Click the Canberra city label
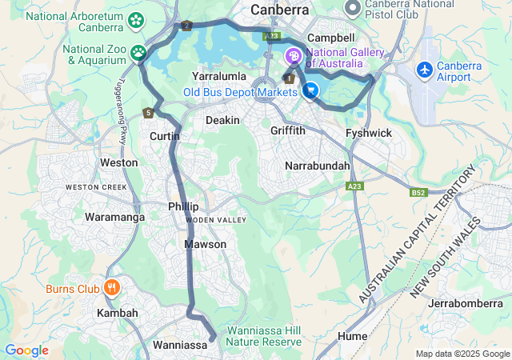[280, 10]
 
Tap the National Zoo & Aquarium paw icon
[139, 53]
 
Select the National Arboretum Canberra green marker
[136, 18]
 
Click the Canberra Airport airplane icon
[424, 70]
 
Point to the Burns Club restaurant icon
[111, 288]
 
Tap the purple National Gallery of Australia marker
[294, 56]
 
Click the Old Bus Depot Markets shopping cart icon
[310, 91]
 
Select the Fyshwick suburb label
[368, 132]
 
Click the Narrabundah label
[318, 166]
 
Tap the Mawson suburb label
[205, 244]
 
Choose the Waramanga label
[110, 217]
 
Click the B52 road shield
[418, 192]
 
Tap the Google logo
[26, 350]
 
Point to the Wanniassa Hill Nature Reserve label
[264, 336]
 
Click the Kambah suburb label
[118, 313]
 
